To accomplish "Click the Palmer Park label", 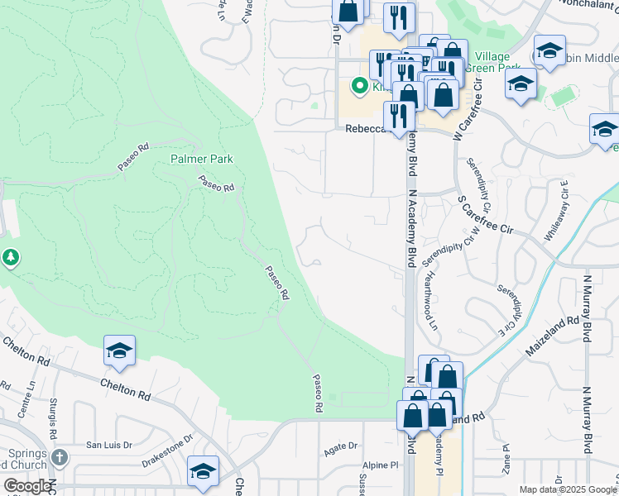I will point(202,159).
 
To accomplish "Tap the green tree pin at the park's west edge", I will point(11,258).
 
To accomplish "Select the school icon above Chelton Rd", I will point(119,351).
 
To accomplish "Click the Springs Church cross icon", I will point(59,457).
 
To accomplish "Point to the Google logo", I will point(28,486).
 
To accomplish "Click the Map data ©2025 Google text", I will point(569,489).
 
